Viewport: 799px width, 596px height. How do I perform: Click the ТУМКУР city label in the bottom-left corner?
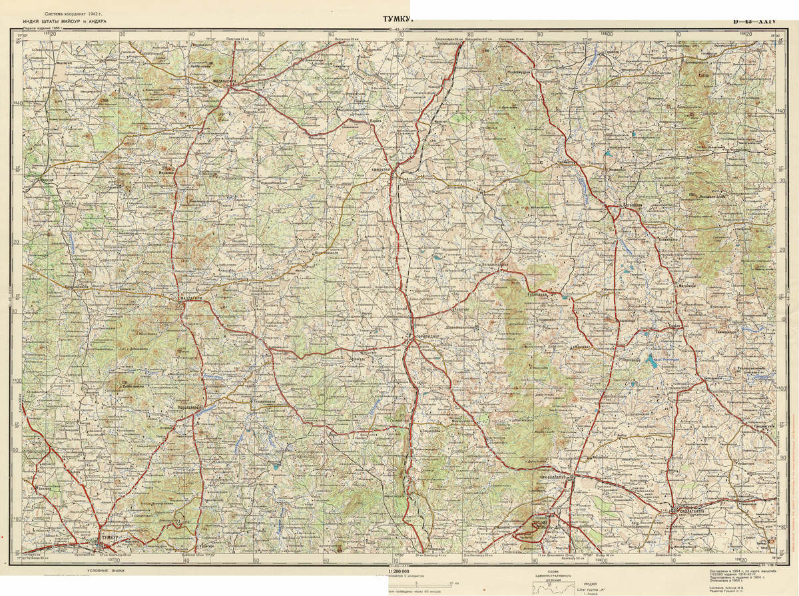111,536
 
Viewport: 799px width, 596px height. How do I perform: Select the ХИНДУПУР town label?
382,170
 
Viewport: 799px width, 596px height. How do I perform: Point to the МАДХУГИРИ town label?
190,299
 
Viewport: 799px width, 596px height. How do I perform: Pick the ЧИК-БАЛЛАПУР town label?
555,478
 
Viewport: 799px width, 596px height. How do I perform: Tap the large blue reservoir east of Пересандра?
655,363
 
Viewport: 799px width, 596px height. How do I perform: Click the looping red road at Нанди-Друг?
538,529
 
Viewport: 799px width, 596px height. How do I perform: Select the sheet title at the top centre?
398,19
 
